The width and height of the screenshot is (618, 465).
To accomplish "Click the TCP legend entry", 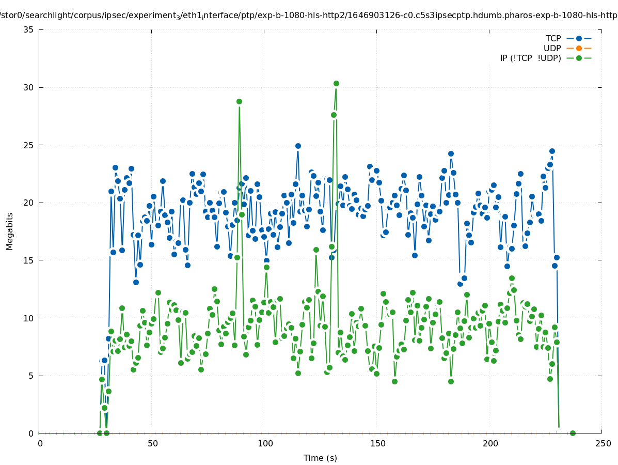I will click(x=553, y=38).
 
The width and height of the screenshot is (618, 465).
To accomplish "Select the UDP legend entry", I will click(x=552, y=48).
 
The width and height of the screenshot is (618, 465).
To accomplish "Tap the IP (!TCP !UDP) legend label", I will click(x=530, y=58).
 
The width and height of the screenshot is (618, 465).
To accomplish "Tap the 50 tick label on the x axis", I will click(x=152, y=443).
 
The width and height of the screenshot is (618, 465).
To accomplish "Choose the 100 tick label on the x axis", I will click(x=265, y=443).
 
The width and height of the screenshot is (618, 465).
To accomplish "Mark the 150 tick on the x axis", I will click(x=377, y=443).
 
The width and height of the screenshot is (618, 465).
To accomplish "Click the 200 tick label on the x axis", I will click(x=490, y=443).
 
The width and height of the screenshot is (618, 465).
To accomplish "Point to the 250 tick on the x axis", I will click(x=603, y=443).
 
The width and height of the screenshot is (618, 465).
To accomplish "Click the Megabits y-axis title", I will click(x=10, y=231).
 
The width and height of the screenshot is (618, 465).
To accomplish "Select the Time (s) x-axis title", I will click(x=320, y=458).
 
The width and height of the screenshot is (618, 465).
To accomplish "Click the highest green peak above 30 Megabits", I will click(x=336, y=83).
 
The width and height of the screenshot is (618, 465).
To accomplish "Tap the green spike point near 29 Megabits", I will click(x=239, y=101).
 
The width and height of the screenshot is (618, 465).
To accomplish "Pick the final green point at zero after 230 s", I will click(x=573, y=433).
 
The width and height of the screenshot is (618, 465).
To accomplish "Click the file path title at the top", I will click(x=309, y=15).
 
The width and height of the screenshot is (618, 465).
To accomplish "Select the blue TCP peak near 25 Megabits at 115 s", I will click(x=298, y=146).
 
